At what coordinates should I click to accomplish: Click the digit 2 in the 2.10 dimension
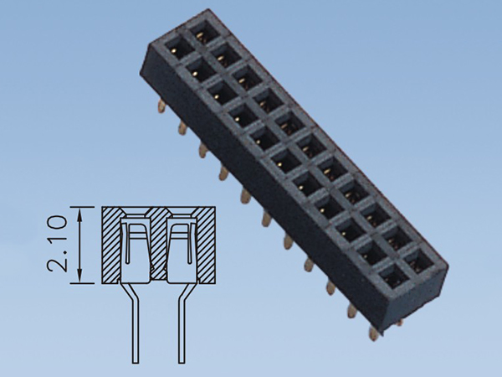coord(57,261)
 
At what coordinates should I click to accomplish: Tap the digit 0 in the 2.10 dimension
coord(57,223)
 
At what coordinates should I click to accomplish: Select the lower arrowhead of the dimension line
coord(79,276)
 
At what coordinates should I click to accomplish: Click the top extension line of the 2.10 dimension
coord(82,207)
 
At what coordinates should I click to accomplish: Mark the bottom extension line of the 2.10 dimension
coord(82,283)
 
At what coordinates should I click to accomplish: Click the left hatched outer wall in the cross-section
coord(111,245)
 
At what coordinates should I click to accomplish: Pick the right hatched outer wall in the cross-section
coord(206,245)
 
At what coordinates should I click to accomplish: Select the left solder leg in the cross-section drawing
coord(136,323)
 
